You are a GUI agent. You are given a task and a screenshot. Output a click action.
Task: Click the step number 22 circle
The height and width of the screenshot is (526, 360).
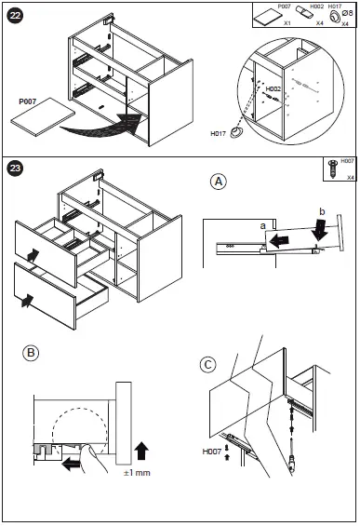[15, 16]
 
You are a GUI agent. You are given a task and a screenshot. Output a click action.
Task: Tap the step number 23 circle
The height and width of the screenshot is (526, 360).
[15, 168]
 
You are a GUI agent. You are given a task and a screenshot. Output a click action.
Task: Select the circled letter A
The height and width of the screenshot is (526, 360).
[219, 182]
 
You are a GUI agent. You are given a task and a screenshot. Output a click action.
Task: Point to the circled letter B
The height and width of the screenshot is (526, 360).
[31, 353]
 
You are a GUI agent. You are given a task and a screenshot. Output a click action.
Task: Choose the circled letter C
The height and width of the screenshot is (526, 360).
[207, 365]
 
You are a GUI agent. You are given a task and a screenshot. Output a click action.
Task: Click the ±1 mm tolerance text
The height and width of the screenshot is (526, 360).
[137, 473]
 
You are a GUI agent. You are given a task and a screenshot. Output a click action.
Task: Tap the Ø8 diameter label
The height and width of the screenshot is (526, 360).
[348, 13]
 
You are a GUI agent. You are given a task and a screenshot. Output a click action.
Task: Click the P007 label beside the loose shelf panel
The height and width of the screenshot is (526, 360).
[28, 101]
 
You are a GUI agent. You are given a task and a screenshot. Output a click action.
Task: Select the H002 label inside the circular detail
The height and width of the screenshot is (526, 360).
[273, 88]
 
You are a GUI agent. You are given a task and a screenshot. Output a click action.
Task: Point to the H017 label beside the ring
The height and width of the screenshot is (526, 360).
[219, 133]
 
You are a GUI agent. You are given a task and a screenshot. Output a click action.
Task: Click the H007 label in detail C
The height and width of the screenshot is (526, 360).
[212, 452]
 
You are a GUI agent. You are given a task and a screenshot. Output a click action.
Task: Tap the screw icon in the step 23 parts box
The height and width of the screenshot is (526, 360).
[333, 169]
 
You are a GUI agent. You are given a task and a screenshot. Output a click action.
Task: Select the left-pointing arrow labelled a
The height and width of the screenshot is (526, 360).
[280, 240]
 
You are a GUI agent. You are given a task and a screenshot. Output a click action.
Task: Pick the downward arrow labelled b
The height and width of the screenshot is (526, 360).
[321, 230]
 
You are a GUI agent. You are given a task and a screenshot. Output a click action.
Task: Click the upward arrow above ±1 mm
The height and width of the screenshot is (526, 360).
[141, 451]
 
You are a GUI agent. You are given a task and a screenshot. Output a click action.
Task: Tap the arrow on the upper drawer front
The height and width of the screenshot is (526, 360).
[33, 255]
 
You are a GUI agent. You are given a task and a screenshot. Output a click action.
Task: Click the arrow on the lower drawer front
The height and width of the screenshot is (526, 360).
[27, 300]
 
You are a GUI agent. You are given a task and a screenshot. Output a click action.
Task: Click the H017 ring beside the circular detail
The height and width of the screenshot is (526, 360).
[236, 132]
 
